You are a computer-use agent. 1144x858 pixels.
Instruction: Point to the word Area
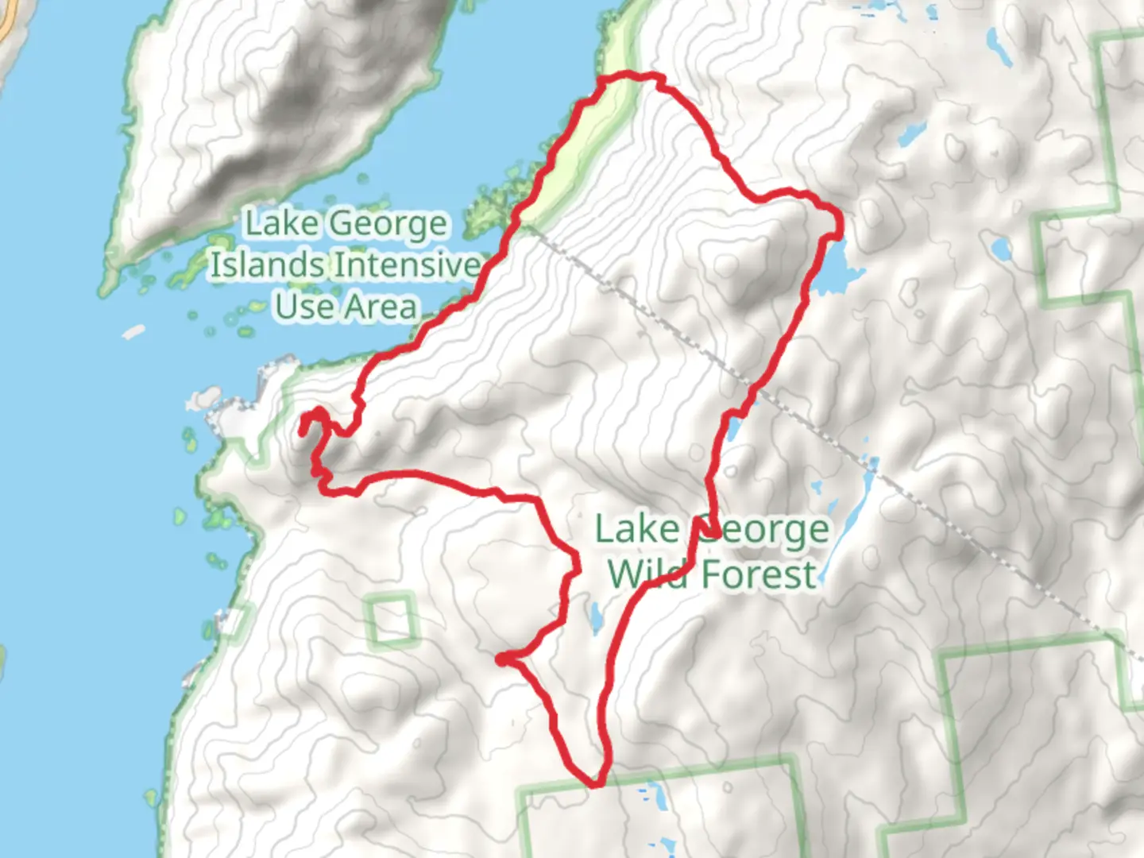pos(380,307)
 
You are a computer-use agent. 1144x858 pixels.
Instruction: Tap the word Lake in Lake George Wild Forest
pos(636,530)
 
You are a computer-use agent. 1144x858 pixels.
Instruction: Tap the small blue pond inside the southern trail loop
pos(595,616)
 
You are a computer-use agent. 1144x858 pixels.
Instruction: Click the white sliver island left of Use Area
pos(133,331)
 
